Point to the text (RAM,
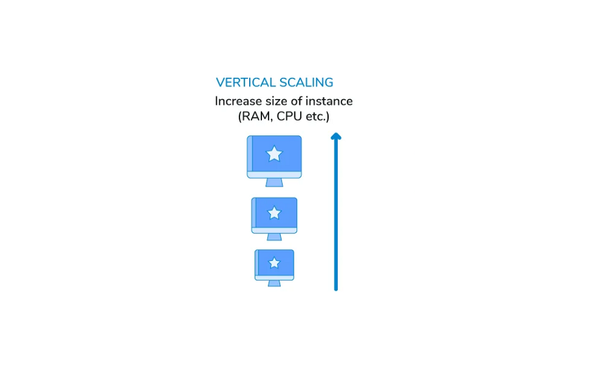[x=254, y=117]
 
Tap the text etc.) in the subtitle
[x=316, y=117]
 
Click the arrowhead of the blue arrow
[x=336, y=136]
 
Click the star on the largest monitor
[x=274, y=153]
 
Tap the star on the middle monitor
[x=274, y=212]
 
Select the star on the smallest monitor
[x=274, y=262]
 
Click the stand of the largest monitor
[x=274, y=183]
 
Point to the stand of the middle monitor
[x=274, y=237]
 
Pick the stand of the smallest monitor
[x=274, y=284]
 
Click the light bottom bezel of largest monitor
[x=274, y=175]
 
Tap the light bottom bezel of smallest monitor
[x=274, y=278]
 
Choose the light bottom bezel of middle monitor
[x=274, y=231]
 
